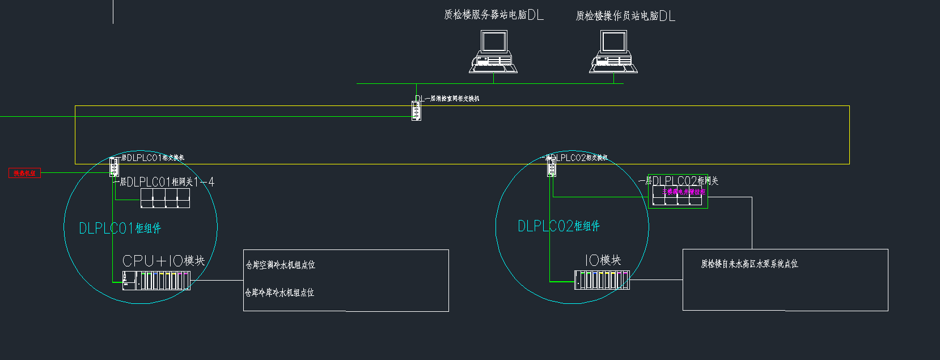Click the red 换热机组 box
(x=24, y=173)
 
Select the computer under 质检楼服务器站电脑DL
(x=493, y=52)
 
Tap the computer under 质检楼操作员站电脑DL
(x=613, y=52)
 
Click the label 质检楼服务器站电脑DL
(x=493, y=15)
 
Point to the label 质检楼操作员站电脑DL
(x=625, y=16)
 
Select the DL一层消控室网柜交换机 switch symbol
(x=416, y=111)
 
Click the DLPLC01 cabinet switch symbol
(x=114, y=167)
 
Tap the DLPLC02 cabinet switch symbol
(x=551, y=167)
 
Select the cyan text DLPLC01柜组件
(x=120, y=228)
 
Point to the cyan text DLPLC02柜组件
(x=558, y=226)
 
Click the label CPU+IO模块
(x=163, y=261)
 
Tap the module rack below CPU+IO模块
(x=156, y=280)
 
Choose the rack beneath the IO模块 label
(x=602, y=280)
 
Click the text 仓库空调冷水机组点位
(x=280, y=265)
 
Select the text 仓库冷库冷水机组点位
(x=280, y=293)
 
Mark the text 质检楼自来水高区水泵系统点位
(x=749, y=264)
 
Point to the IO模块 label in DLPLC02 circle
(x=603, y=260)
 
